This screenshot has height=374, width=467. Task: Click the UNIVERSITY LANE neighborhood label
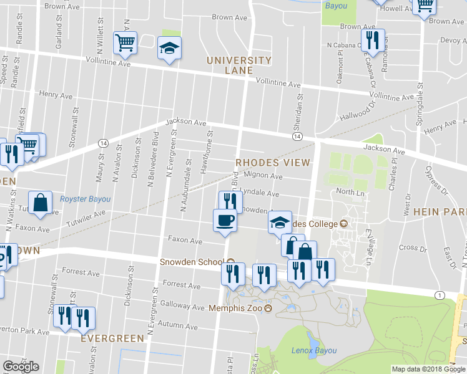(239, 65)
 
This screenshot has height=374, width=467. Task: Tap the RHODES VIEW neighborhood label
(273, 163)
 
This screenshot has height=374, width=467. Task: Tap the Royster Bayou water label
(85, 199)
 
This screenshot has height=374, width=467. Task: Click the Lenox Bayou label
(313, 351)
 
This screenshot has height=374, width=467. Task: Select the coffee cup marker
(225, 220)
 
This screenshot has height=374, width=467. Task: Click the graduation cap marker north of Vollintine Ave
(169, 48)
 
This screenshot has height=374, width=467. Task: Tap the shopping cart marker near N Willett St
(125, 43)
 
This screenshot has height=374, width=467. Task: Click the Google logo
(21, 367)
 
